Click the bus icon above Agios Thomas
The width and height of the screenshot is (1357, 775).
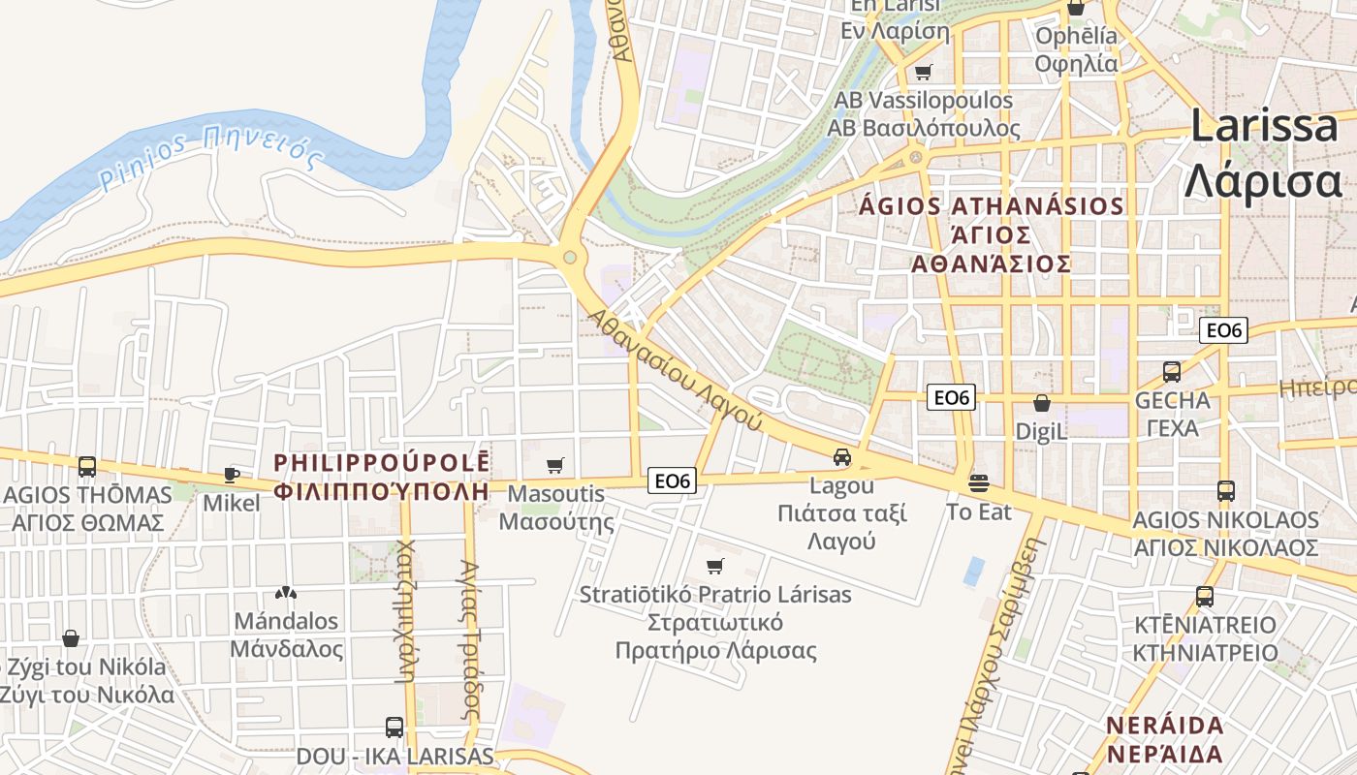click(x=87, y=467)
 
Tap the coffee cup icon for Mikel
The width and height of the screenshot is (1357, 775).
click(x=232, y=474)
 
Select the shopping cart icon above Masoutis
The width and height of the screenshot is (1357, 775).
click(x=554, y=466)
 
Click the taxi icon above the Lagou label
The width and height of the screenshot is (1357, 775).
click(x=842, y=457)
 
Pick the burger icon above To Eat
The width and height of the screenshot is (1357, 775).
click(x=979, y=482)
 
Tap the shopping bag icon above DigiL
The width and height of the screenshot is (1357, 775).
click(x=1042, y=403)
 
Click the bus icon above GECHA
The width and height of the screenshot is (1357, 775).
click(x=1172, y=371)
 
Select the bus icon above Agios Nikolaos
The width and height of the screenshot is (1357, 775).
click(x=1225, y=491)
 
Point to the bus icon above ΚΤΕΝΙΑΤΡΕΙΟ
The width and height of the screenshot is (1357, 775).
click(x=1205, y=597)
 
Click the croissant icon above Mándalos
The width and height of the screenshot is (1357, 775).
click(x=285, y=592)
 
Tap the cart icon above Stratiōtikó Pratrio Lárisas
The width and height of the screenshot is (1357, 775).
click(x=715, y=566)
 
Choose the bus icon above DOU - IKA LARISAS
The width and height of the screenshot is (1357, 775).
click(x=394, y=727)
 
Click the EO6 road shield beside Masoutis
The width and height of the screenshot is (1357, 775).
click(x=674, y=480)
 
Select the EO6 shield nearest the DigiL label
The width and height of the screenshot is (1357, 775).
click(x=951, y=397)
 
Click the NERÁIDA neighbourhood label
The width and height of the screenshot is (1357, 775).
click(x=1164, y=726)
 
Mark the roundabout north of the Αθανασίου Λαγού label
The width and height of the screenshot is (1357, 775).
click(x=570, y=257)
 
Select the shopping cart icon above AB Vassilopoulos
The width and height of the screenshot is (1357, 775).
click(x=923, y=72)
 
